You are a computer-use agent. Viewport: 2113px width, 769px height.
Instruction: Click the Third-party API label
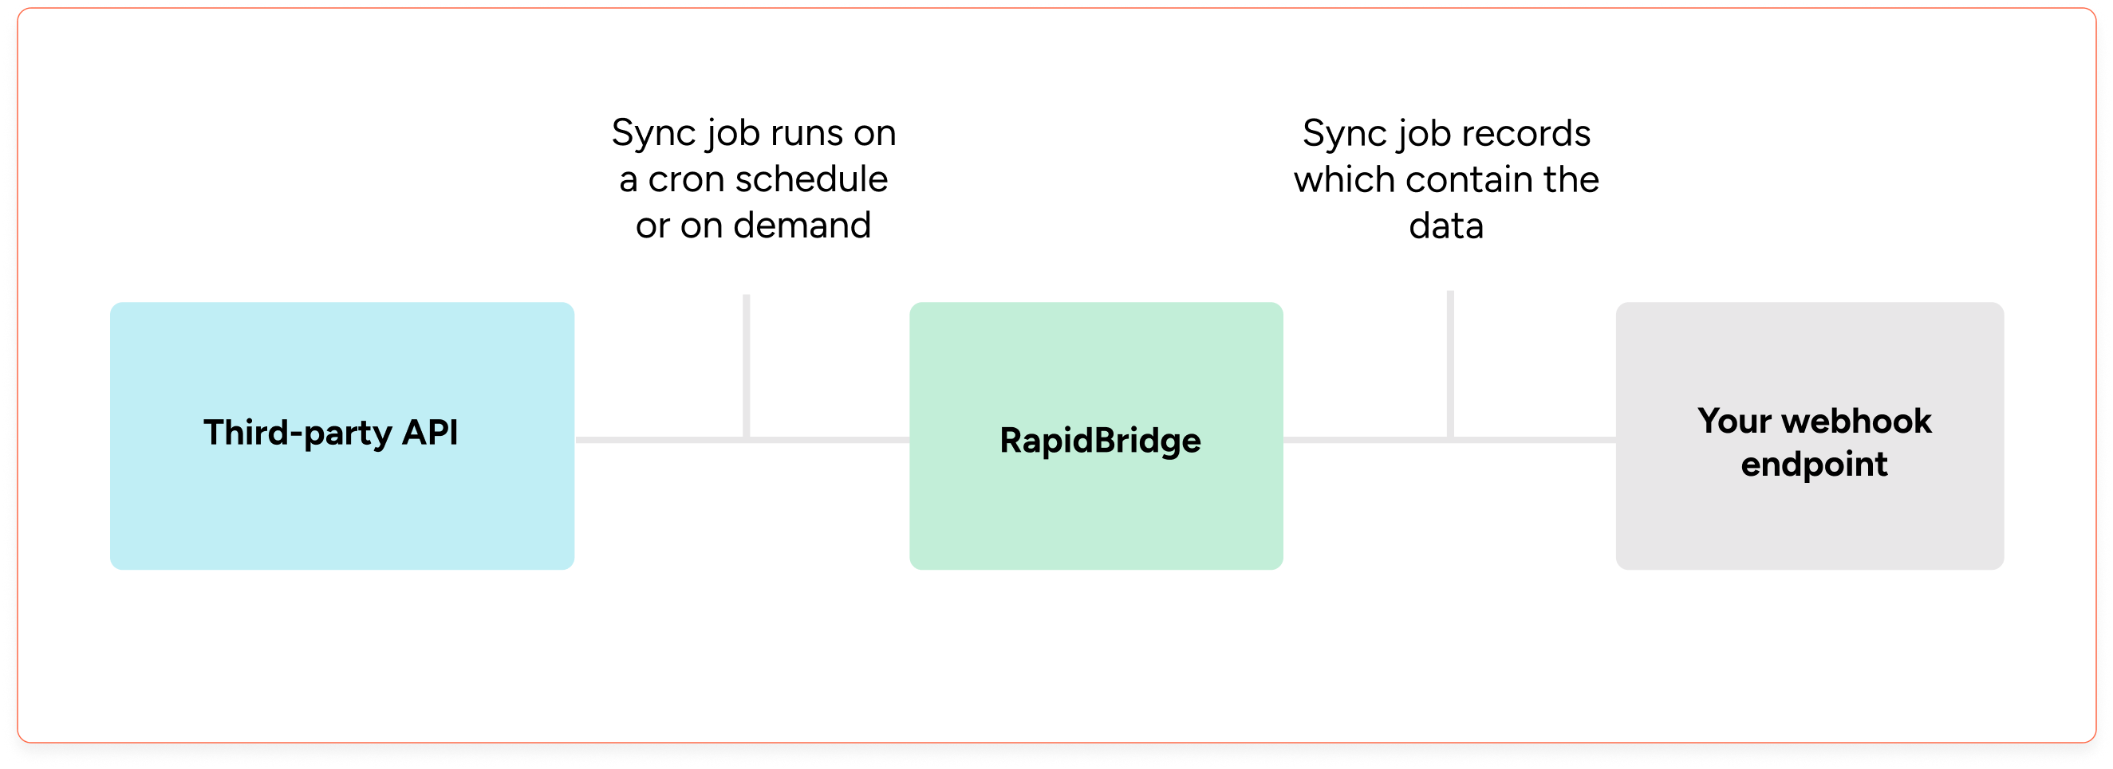(x=330, y=433)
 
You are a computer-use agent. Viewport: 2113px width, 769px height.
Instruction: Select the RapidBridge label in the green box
(x=1100, y=441)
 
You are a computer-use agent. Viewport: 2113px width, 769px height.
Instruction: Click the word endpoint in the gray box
(x=1815, y=465)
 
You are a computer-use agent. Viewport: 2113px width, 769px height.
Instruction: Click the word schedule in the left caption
(x=811, y=179)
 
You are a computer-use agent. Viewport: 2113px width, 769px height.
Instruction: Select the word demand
(x=802, y=226)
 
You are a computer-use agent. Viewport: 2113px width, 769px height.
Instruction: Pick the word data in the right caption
(x=1446, y=226)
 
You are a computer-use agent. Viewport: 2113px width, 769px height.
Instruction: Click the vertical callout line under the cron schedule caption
(x=747, y=365)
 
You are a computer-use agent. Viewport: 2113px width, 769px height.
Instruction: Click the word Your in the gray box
(x=1734, y=422)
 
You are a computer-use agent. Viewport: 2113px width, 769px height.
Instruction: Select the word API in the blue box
(x=429, y=433)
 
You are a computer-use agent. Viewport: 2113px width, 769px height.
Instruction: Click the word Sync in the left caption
(x=646, y=134)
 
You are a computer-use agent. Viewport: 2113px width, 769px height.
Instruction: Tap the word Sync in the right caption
(x=1337, y=134)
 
